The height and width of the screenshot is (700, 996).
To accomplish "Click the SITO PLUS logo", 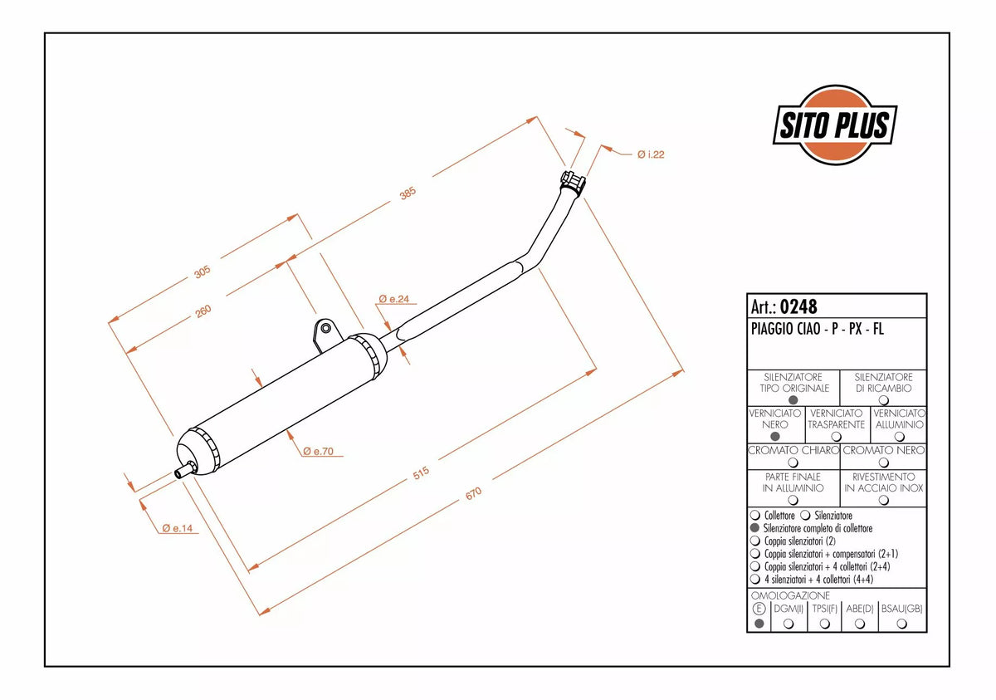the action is click(x=835, y=125).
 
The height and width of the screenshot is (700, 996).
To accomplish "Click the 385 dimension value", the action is click(x=408, y=193).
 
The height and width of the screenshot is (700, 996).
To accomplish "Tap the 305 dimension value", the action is click(x=202, y=272).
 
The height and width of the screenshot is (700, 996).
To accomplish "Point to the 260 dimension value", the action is click(x=203, y=311).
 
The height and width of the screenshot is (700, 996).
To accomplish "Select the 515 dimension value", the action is click(x=421, y=473).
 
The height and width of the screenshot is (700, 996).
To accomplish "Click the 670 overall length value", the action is click(x=473, y=493).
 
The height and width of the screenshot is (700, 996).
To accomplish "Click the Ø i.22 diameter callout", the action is click(x=651, y=154).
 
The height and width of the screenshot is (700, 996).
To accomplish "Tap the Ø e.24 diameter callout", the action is click(x=394, y=299).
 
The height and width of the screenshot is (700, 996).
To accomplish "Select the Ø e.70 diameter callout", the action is click(x=318, y=451).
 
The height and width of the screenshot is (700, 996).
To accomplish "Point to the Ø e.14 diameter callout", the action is click(x=178, y=528).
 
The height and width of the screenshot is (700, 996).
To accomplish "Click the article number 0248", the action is click(x=798, y=306).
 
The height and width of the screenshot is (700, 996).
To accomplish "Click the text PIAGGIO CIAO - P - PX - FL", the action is click(x=818, y=329).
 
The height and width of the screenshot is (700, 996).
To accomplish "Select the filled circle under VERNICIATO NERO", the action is click(x=775, y=436).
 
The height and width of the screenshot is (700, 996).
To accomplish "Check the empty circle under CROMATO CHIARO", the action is click(x=793, y=463).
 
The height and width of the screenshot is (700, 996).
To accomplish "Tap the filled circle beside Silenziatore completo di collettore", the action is click(x=754, y=528).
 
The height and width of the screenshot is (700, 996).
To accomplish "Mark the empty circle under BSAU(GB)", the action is click(x=901, y=624).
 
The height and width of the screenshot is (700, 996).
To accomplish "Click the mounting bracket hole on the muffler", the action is click(x=326, y=329).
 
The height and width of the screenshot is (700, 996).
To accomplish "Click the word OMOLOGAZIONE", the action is click(x=790, y=595).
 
